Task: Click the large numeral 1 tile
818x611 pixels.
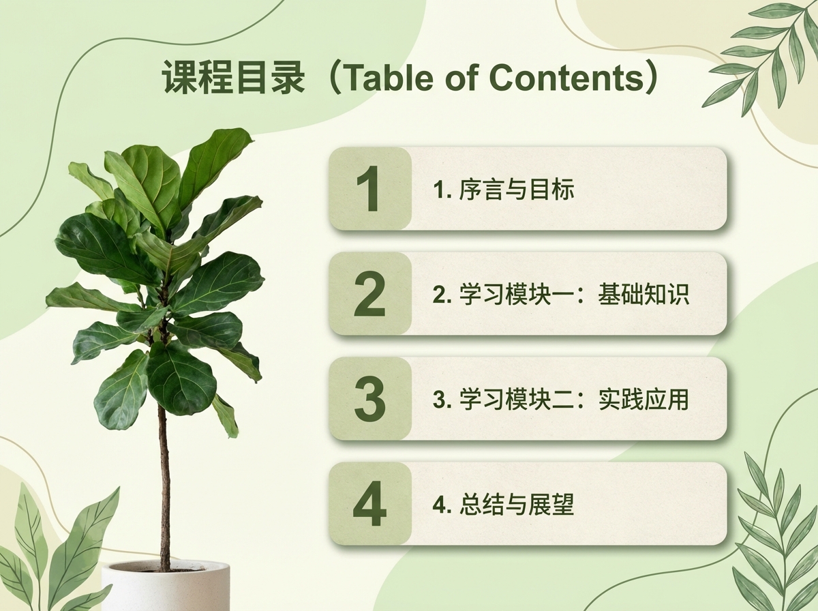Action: point(370,189)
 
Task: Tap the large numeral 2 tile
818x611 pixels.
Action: point(370,294)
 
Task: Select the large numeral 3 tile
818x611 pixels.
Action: point(370,399)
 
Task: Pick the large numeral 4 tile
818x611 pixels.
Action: point(370,505)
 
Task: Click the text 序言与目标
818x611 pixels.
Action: point(517,190)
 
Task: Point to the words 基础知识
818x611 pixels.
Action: point(644,295)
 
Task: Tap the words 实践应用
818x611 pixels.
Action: point(644,400)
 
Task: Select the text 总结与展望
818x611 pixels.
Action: point(517,505)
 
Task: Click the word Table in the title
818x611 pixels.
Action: point(382,77)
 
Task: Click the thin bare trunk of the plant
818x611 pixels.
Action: point(164,491)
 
